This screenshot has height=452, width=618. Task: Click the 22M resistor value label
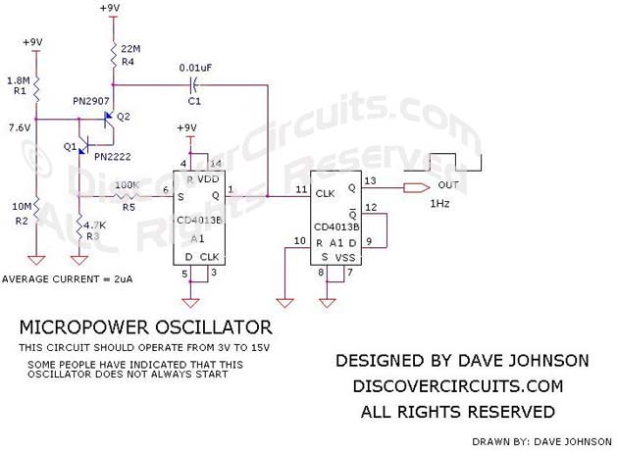click(x=131, y=49)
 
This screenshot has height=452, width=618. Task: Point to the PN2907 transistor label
click(x=92, y=100)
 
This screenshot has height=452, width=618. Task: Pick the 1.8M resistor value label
click(x=17, y=79)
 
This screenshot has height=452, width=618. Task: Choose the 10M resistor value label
click(x=18, y=206)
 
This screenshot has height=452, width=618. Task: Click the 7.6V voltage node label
click(x=17, y=127)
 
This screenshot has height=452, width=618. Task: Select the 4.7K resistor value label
click(x=97, y=225)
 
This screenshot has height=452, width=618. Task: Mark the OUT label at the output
click(x=448, y=185)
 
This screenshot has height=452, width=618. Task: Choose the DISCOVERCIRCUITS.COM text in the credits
click(x=462, y=386)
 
